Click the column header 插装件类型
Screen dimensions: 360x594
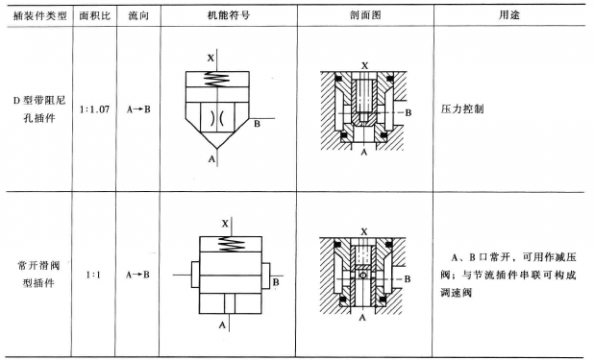click(x=36, y=17)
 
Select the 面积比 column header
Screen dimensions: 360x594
click(x=94, y=17)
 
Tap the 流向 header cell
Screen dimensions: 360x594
click(x=137, y=17)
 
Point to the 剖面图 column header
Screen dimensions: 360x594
click(x=362, y=17)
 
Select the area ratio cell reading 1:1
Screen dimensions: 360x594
click(x=94, y=271)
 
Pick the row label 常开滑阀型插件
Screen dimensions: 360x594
click(x=37, y=271)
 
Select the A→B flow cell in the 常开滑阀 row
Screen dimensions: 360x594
click(x=137, y=271)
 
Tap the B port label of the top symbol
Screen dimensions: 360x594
click(x=257, y=124)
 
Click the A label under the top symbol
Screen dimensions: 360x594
click(x=211, y=158)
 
